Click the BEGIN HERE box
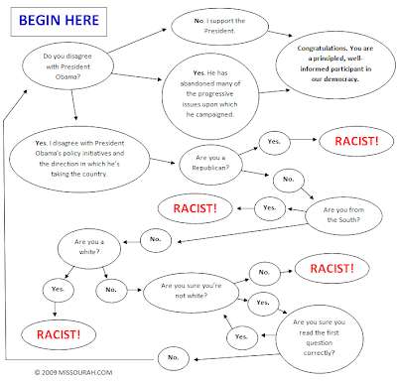click(59, 22)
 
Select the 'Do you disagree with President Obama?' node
click(67, 66)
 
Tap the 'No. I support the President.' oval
click(219, 26)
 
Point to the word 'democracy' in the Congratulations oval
click(341, 79)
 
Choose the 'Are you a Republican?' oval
click(210, 164)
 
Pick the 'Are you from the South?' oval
click(343, 215)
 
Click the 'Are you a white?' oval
click(89, 247)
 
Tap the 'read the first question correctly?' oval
click(320, 339)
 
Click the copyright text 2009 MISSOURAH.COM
click(73, 373)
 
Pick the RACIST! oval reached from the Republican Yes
click(356, 141)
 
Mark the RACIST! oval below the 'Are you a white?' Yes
click(59, 334)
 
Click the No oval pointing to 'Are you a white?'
click(156, 240)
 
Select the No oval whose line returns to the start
click(174, 358)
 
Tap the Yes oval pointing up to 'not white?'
click(242, 337)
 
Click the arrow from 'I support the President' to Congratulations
click(280, 34)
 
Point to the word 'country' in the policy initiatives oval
click(95, 174)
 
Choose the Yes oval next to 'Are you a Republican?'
click(274, 143)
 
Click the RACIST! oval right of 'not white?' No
click(332, 268)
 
